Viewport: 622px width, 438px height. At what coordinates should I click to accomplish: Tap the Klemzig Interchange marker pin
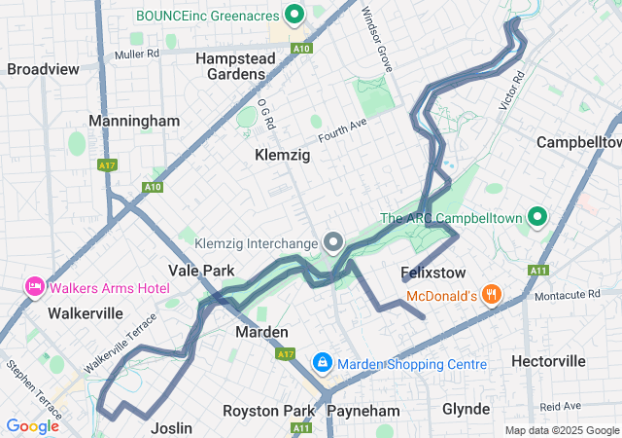[x=333, y=240]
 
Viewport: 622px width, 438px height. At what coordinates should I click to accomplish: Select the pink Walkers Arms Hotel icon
[x=35, y=287]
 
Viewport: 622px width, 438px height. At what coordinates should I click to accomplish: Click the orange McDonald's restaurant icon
[x=493, y=294]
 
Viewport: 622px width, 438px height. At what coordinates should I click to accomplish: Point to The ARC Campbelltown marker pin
[x=536, y=217]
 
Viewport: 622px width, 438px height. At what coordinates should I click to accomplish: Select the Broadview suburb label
[x=43, y=69]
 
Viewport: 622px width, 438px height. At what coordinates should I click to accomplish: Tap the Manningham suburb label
[x=134, y=121]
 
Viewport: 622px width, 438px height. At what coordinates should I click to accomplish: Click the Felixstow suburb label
[x=433, y=274]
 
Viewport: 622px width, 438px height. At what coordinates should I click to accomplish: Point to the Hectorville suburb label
[x=549, y=361]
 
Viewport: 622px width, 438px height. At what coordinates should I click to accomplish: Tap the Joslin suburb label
[x=172, y=428]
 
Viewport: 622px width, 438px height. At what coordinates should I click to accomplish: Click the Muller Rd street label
[x=136, y=54]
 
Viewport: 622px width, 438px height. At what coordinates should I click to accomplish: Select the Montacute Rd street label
[x=569, y=294]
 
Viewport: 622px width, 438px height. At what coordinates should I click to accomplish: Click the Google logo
[x=32, y=425]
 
